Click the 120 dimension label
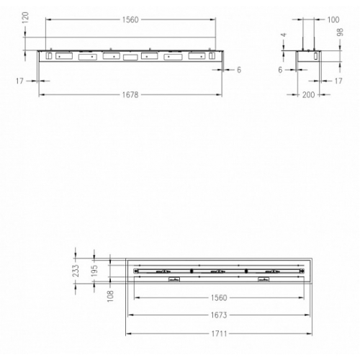[x=25, y=17]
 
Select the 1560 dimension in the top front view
[x=130, y=19]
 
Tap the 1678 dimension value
[x=130, y=95]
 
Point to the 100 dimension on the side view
[x=333, y=19]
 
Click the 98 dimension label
[x=340, y=32]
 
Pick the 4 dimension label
[x=284, y=35]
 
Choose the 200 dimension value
[x=308, y=95]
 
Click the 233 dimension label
[x=76, y=271]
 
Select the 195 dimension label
[x=94, y=271]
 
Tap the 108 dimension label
[x=110, y=296]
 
